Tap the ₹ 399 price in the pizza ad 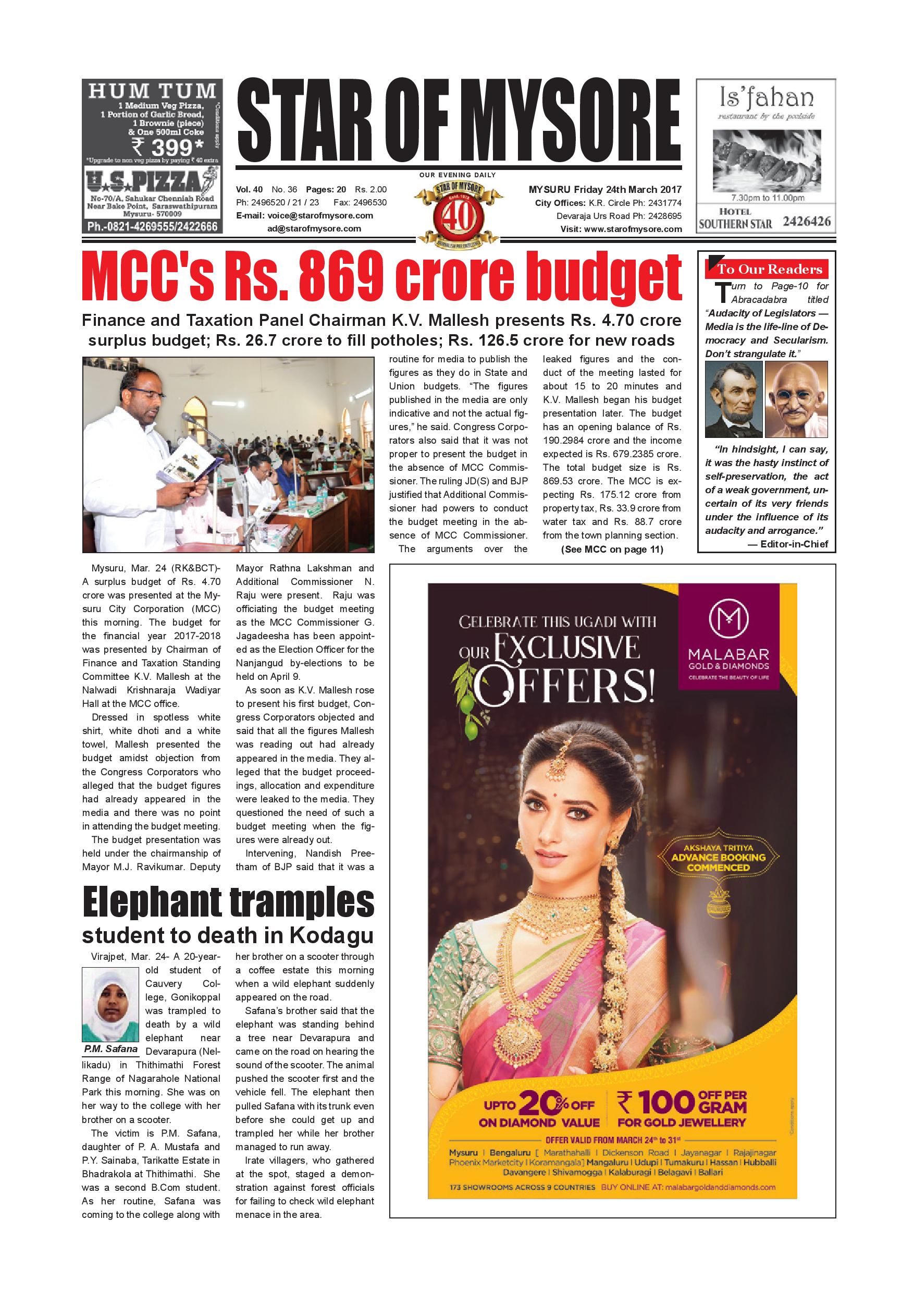(167, 148)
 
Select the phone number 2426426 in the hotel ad (806, 221)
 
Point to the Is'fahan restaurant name (766, 98)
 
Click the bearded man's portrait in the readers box (733, 399)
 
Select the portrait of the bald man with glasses (796, 399)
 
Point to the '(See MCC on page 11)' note (612, 550)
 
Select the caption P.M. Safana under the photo (110, 1048)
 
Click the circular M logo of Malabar (728, 620)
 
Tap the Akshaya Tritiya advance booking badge (718, 858)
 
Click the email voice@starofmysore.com (304, 216)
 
